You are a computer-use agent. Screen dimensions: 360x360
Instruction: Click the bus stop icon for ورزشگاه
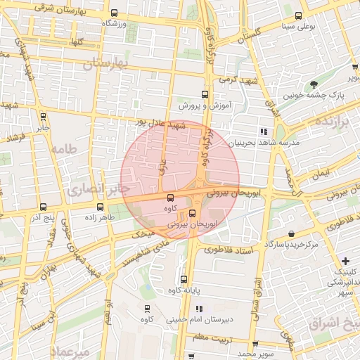[115, 13]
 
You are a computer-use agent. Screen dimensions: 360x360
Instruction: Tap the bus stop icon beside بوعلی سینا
[299, 15]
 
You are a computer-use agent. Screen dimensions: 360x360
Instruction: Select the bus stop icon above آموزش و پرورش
[205, 94]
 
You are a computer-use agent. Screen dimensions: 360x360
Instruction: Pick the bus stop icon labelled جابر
[44, 117]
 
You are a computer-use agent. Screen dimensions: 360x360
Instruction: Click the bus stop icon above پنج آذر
[44, 207]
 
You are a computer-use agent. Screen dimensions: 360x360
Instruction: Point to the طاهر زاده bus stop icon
[100, 207]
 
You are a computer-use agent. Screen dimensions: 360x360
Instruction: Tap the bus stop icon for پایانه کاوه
[184, 278]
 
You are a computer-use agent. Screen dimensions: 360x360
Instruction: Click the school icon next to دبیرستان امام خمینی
[199, 308]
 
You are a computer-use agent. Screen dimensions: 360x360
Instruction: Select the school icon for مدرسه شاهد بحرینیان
[264, 131]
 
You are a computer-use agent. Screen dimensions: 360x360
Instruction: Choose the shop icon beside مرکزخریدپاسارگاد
[291, 233]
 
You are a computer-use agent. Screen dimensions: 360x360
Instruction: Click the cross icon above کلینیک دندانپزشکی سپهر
[345, 261]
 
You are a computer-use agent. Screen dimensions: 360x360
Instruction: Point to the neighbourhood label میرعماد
[70, 351]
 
